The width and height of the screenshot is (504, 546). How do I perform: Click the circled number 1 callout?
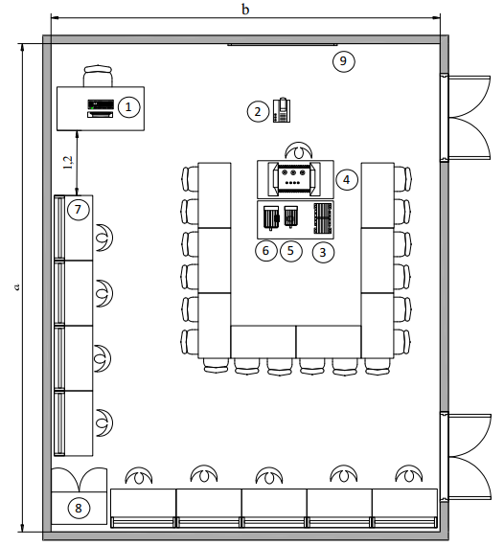[128, 107]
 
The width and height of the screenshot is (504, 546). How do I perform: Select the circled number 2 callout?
[258, 111]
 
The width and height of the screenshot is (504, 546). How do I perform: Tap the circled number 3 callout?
[323, 252]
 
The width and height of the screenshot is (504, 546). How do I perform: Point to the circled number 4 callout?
[347, 180]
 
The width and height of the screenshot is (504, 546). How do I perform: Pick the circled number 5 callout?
[291, 251]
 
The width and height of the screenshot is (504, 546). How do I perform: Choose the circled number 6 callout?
[265, 251]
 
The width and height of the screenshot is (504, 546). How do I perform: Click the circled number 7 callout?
[78, 210]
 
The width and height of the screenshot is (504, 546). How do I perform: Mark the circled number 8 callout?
[79, 508]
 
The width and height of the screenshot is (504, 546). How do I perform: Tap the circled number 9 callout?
[343, 61]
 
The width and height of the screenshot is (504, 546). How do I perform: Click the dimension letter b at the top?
[245, 10]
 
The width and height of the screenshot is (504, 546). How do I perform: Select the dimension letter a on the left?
[16, 287]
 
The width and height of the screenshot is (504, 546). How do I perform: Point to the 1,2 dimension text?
[68, 162]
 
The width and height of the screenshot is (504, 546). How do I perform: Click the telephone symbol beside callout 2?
[282, 110]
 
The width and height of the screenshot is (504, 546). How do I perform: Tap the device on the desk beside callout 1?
[101, 108]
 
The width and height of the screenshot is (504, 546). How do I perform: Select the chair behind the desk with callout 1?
[99, 76]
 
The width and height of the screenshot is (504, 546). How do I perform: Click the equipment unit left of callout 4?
[293, 179]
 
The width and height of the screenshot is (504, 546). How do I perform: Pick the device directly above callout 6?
[271, 217]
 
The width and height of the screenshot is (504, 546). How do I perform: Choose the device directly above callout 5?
[290, 216]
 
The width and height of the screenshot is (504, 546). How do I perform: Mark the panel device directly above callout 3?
[323, 218]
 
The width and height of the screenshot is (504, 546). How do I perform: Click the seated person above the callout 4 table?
[299, 150]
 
